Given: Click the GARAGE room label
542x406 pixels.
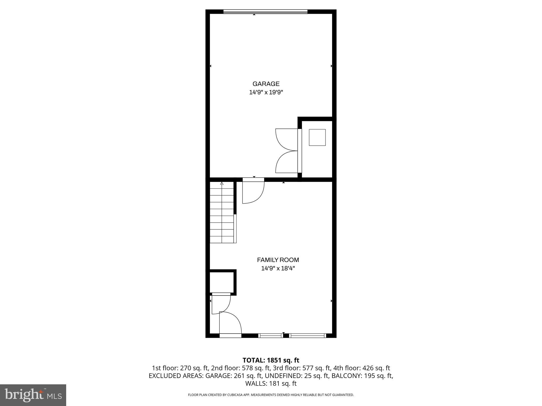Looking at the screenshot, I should pyautogui.click(x=266, y=84).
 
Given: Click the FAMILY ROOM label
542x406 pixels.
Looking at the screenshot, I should pyautogui.click(x=278, y=260).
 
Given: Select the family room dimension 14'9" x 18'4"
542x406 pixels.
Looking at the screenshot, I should pyautogui.click(x=278, y=269).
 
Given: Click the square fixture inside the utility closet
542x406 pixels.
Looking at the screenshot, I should pyautogui.click(x=317, y=137).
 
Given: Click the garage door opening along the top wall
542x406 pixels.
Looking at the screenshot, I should pyautogui.click(x=265, y=12).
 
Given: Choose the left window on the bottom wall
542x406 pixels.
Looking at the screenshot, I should pyautogui.click(x=270, y=336).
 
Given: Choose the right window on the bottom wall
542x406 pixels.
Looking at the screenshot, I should pyautogui.click(x=307, y=336).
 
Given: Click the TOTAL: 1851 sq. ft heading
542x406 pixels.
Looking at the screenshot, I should pyautogui.click(x=271, y=360).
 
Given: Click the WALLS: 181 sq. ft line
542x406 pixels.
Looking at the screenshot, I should pyautogui.click(x=271, y=384).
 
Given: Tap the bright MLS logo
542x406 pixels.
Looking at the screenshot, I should pyautogui.click(x=33, y=395).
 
